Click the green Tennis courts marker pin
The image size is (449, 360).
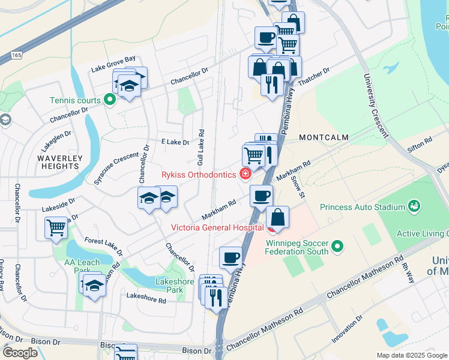[110, 100]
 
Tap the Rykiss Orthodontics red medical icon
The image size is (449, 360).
[244, 175]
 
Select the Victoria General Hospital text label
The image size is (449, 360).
[217, 227]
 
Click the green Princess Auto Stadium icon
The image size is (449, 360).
[414, 207]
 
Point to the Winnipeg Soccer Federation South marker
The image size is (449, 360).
[337, 247]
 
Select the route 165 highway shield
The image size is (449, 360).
[16, 55]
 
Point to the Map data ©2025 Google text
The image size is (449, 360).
[412, 355]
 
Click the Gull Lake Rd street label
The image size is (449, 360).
[200, 147]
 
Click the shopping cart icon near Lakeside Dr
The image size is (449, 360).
[56, 227]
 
